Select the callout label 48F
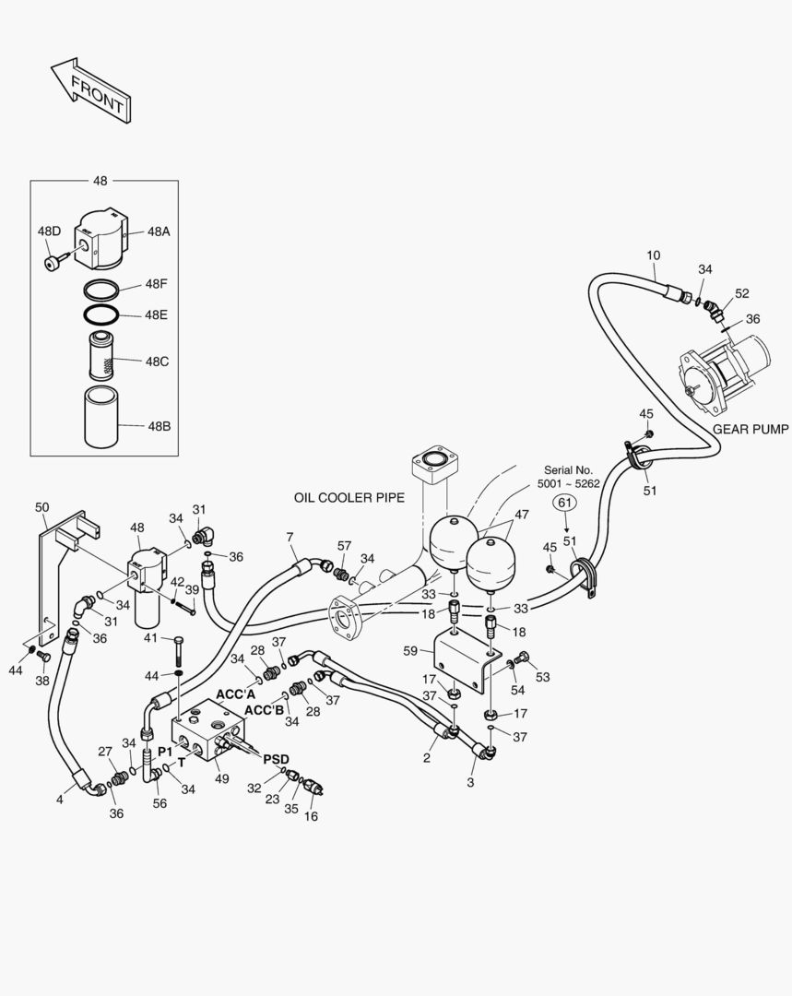point(156,284)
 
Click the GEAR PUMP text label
point(750,429)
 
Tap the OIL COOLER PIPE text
point(349,497)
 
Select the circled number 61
point(564,502)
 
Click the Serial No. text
point(564,469)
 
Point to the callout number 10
point(653,255)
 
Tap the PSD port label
point(276,758)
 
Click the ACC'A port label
point(236,694)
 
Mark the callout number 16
point(311,816)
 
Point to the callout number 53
point(542,678)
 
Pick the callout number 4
point(59,800)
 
